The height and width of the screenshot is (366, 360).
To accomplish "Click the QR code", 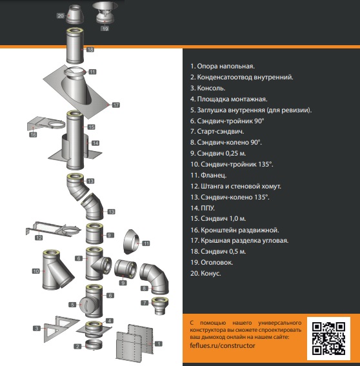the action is pyautogui.click(x=328, y=338).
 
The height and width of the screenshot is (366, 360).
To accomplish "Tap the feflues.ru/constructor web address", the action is pyautogui.click(x=223, y=345).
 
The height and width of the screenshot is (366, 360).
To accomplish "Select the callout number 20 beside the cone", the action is pyautogui.click(x=61, y=16).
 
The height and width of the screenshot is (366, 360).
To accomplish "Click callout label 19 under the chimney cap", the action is pyautogui.click(x=105, y=28).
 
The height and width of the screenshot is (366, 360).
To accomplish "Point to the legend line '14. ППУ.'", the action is pyautogui.click(x=203, y=208).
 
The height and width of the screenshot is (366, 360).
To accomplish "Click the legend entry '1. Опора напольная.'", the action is pyautogui.click(x=223, y=66).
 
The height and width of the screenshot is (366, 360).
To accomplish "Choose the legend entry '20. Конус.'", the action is pyautogui.click(x=206, y=273).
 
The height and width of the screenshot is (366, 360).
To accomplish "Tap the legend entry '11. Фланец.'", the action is pyautogui.click(x=208, y=175).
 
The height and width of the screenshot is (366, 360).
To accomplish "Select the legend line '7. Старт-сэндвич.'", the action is pyautogui.click(x=217, y=132).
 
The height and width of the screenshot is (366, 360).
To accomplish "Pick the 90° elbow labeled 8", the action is pyautogui.click(x=154, y=279).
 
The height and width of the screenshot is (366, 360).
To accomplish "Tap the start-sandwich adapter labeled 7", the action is pyautogui.click(x=160, y=306).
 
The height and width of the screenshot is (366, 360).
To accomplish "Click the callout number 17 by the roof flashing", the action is pyautogui.click(x=116, y=105).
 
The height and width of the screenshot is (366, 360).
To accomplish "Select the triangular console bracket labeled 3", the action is pyautogui.click(x=61, y=329).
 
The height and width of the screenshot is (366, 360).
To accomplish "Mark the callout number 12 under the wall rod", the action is pyautogui.click(x=39, y=238).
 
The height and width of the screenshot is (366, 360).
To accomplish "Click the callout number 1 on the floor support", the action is pyautogui.click(x=159, y=343).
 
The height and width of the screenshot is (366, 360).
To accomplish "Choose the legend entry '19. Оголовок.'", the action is pyautogui.click(x=212, y=262).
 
